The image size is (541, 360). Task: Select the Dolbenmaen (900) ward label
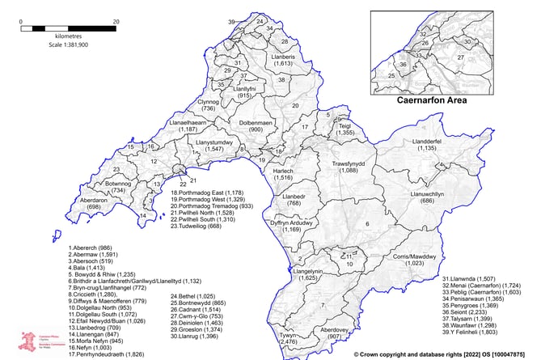click(x=257, y=125)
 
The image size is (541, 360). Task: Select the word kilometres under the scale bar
click(x=55, y=38)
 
